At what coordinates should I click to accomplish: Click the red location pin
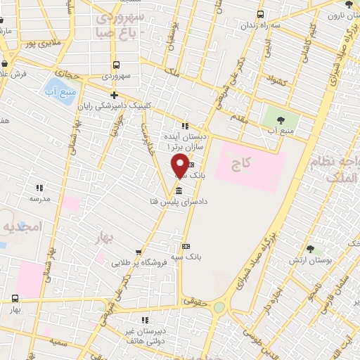pos(180,166)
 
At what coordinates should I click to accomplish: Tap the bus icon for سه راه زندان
pos(261,14)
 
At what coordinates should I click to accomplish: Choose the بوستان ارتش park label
pos(309,261)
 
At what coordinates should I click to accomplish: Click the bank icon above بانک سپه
pos(186,246)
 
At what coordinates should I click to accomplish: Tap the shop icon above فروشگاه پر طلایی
pos(139,252)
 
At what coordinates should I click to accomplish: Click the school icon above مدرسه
pos(39,188)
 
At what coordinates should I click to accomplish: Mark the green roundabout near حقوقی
pos(219,307)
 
